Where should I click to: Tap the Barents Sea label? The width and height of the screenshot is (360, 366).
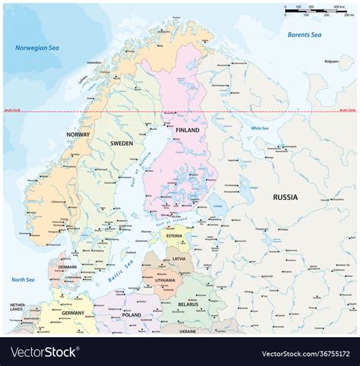click(x=304, y=35)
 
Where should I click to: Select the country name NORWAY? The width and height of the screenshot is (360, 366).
click(x=77, y=134)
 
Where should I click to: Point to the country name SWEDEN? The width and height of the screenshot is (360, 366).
click(x=122, y=143)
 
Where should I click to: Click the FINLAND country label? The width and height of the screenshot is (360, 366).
click(x=187, y=131)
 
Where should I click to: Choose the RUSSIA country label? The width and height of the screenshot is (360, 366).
click(x=286, y=197)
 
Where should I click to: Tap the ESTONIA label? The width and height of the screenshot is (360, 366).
click(x=174, y=236)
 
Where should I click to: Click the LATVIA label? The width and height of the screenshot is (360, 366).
click(x=178, y=259)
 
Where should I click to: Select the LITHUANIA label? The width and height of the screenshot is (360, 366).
click(x=166, y=280)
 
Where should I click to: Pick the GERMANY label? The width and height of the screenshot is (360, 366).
click(x=74, y=313)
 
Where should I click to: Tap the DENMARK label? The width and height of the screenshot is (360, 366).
click(x=67, y=267)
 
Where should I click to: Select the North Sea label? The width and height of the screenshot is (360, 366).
click(x=24, y=279)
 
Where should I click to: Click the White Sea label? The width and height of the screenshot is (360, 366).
click(x=261, y=128)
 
